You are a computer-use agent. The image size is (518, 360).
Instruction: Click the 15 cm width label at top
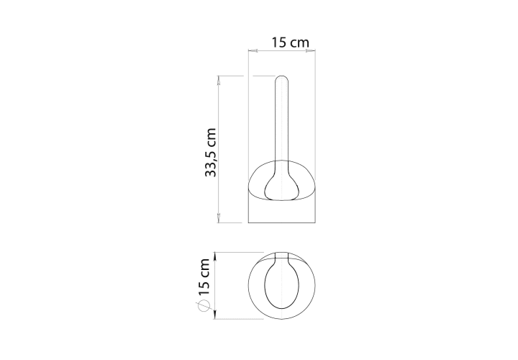(x=290, y=42)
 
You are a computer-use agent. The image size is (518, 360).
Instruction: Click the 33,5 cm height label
(x=210, y=153)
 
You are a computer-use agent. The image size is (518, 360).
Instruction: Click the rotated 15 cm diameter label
(x=204, y=277)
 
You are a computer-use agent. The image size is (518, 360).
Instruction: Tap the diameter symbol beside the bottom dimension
(x=204, y=306)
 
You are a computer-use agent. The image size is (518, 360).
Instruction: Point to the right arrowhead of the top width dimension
(x=311, y=51)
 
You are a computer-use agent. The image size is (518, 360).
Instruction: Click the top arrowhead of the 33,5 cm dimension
(x=219, y=80)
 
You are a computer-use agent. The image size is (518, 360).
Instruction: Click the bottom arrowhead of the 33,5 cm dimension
(x=219, y=218)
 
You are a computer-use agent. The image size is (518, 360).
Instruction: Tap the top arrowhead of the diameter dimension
(x=214, y=256)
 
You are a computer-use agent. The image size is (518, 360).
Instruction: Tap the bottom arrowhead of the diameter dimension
(x=214, y=315)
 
